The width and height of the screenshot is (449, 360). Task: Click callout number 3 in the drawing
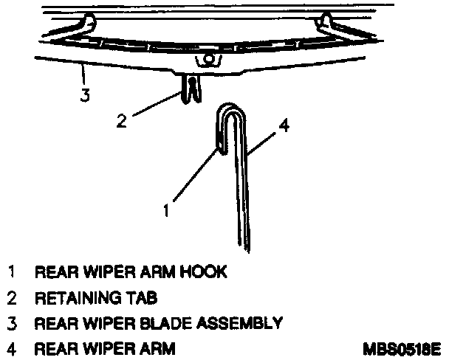coord(86,95)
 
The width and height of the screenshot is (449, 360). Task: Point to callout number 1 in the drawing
coord(167,210)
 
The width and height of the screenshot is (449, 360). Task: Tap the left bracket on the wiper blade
coord(88,21)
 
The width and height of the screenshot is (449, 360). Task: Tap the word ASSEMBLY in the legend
coord(242,322)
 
